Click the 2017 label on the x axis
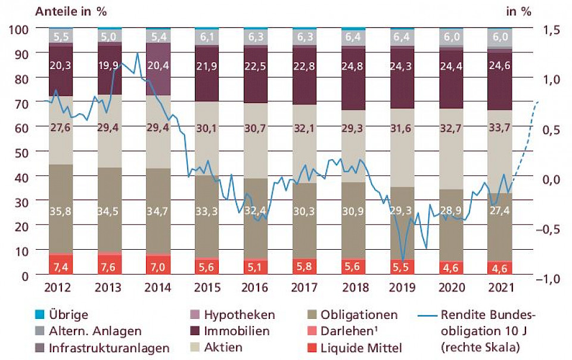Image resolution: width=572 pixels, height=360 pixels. pos(305,288)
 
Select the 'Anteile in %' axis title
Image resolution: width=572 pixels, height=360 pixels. pos(74,12)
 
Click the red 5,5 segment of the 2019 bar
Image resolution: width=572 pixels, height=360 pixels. pos(403,266)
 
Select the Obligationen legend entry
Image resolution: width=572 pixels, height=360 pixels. pos(359,314)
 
